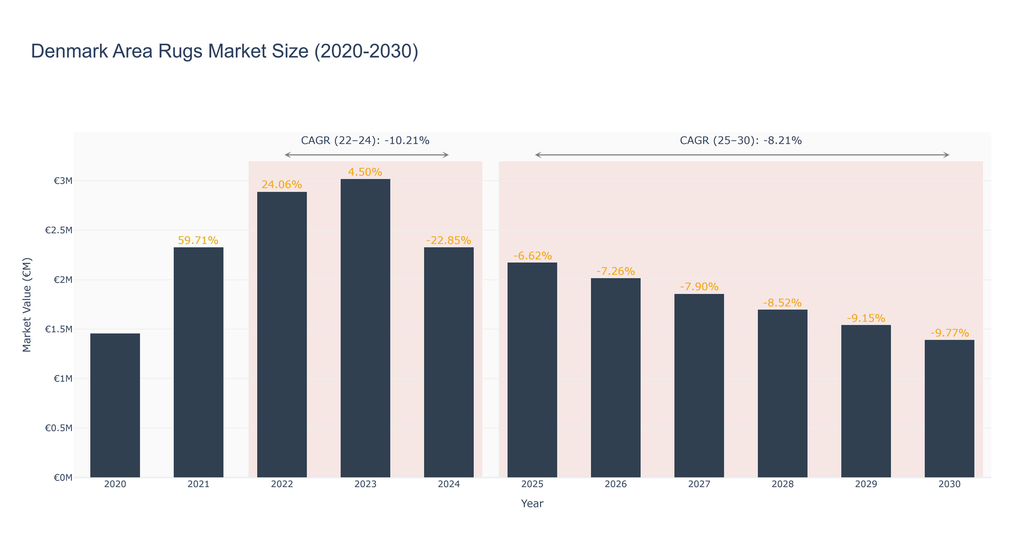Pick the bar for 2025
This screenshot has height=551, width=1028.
(x=532, y=370)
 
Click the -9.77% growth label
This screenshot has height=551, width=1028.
(x=950, y=333)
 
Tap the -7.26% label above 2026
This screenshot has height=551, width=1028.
(x=616, y=271)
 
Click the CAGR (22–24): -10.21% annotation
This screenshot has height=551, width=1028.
(x=365, y=141)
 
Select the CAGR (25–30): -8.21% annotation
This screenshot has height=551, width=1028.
(x=741, y=141)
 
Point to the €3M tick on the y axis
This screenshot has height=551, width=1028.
(x=63, y=181)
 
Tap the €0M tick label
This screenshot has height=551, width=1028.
(x=63, y=478)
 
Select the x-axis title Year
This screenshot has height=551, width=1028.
(x=532, y=503)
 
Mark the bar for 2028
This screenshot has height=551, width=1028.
(x=783, y=393)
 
